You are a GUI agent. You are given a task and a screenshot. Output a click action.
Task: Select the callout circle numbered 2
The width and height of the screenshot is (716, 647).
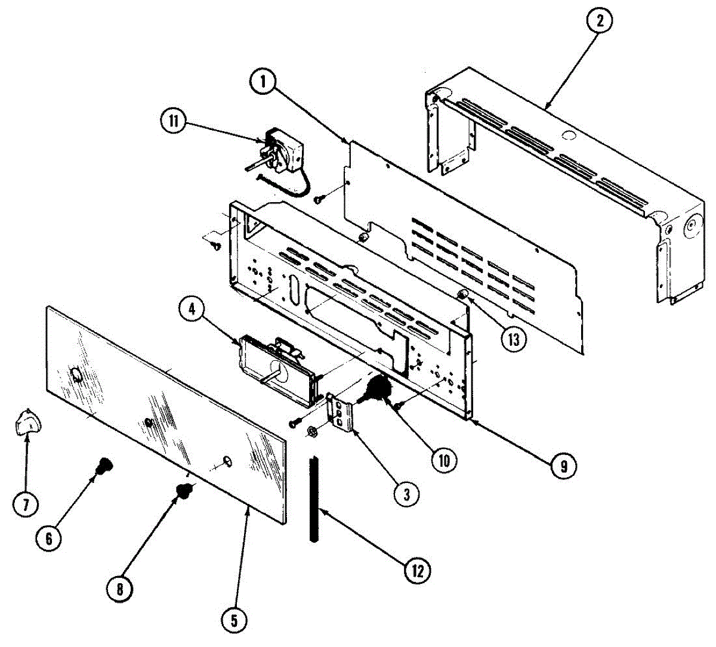[599, 22]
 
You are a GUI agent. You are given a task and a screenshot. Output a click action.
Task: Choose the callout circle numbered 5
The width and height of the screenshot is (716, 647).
[233, 621]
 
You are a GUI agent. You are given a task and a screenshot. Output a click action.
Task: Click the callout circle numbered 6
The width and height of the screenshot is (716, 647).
[49, 538]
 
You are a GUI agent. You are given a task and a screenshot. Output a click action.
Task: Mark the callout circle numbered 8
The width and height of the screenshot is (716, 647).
[120, 589]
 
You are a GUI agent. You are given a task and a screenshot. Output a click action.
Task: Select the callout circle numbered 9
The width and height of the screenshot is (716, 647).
[562, 466]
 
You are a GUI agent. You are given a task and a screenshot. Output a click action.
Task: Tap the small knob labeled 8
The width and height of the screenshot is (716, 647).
[184, 491]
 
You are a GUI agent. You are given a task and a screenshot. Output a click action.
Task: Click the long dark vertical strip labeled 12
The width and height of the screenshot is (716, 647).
[314, 499]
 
